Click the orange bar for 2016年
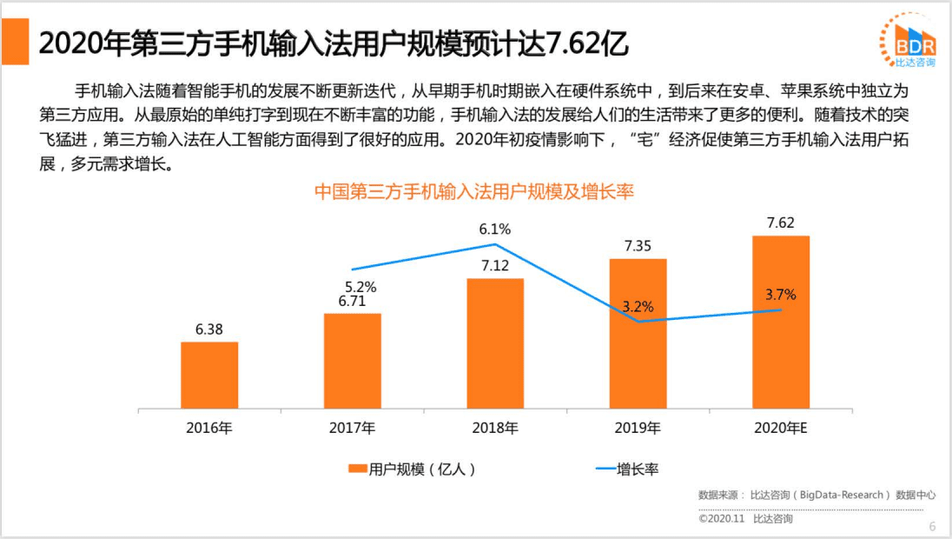click(x=209, y=375)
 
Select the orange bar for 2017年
click(x=352, y=361)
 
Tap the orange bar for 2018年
click(x=495, y=343)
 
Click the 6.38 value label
click(x=209, y=329)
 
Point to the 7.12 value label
click(x=495, y=265)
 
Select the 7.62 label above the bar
click(x=781, y=223)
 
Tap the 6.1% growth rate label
click(x=495, y=230)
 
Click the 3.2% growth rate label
click(x=638, y=306)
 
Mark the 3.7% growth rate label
click(x=781, y=295)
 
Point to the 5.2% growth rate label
click(x=360, y=286)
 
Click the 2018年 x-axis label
click(x=495, y=428)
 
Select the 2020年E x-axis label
click(x=781, y=428)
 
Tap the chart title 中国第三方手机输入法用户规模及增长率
click(x=474, y=191)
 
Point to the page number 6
click(x=932, y=526)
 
